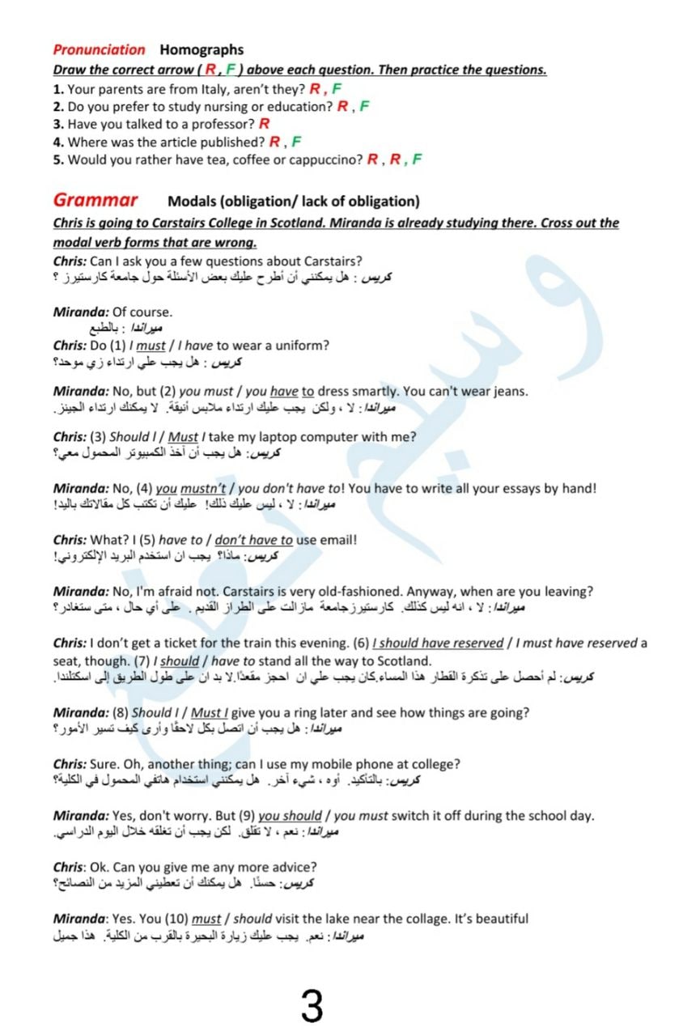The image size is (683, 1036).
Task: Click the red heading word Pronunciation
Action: (x=99, y=50)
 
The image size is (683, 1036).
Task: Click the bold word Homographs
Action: (x=202, y=50)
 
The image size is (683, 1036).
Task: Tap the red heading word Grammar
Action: (x=95, y=200)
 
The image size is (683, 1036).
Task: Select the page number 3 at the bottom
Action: (x=312, y=1006)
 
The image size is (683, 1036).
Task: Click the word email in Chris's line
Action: (x=336, y=540)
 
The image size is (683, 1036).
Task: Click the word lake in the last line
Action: (x=337, y=919)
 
